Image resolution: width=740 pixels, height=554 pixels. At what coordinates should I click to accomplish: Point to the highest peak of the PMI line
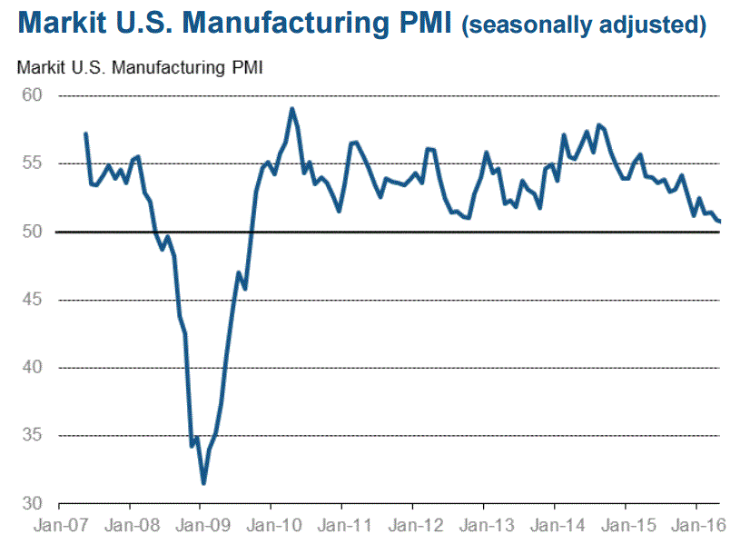292,109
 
